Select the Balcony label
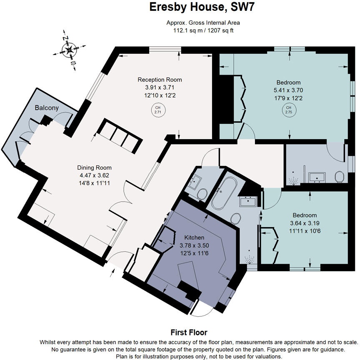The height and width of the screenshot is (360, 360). pyautogui.click(x=47, y=108)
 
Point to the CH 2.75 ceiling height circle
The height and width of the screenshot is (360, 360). pyautogui.click(x=288, y=110)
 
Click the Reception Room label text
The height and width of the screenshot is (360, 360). pyautogui.click(x=160, y=80)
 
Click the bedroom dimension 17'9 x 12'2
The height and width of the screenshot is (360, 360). pyautogui.click(x=287, y=98)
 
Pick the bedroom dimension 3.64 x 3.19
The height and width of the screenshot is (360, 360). pyautogui.click(x=304, y=222)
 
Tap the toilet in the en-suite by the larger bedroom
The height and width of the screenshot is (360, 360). pyautogui.click(x=338, y=177)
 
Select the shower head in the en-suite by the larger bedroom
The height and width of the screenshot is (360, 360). pyautogui.click(x=295, y=180)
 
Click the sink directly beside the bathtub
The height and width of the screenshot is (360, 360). pyautogui.click(x=248, y=202)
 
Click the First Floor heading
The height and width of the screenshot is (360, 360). pyautogui.click(x=189, y=332)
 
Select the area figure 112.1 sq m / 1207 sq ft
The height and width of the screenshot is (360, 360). pyautogui.click(x=201, y=30)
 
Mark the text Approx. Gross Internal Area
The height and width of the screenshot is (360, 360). pyautogui.click(x=201, y=23)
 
